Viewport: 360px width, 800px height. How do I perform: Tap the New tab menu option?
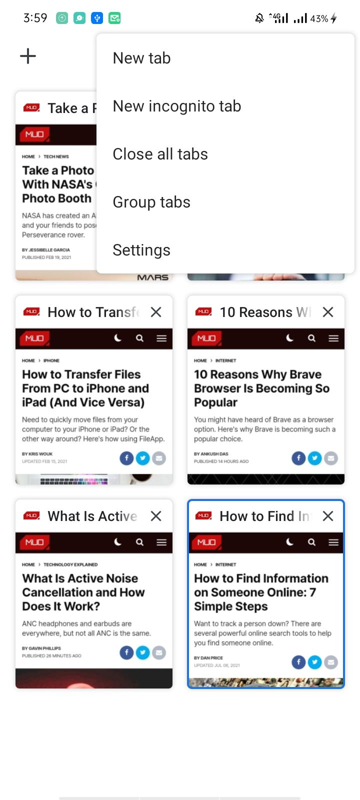pyautogui.click(x=142, y=58)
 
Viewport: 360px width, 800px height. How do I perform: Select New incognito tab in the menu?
pyautogui.click(x=177, y=106)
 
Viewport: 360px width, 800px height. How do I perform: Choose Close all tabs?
pyautogui.click(x=160, y=154)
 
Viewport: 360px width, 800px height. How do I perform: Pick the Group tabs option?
pyautogui.click(x=151, y=202)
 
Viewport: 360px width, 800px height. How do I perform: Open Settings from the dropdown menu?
pyautogui.click(x=141, y=250)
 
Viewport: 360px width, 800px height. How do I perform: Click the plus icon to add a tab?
pyautogui.click(x=28, y=56)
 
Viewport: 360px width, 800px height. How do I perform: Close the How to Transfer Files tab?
pyautogui.click(x=156, y=312)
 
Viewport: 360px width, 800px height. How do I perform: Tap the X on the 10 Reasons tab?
pyautogui.click(x=328, y=312)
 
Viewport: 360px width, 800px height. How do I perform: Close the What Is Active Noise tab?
pyautogui.click(x=156, y=516)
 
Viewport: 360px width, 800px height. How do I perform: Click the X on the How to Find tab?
pyautogui.click(x=328, y=516)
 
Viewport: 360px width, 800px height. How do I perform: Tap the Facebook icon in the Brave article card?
pyautogui.click(x=298, y=458)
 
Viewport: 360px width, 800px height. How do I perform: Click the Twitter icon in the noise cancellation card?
pyautogui.click(x=143, y=652)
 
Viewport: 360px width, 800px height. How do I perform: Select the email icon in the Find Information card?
pyautogui.click(x=331, y=662)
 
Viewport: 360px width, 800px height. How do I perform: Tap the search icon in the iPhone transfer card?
pyautogui.click(x=140, y=338)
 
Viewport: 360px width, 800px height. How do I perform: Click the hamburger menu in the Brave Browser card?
pyautogui.click(x=333, y=338)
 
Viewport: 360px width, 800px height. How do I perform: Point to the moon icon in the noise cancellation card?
pyautogui.click(x=118, y=542)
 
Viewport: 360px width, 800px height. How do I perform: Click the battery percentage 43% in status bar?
pyautogui.click(x=319, y=19)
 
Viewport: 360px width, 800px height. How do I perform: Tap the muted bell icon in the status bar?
pyautogui.click(x=259, y=18)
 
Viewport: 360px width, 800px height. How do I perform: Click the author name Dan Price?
pyautogui.click(x=211, y=658)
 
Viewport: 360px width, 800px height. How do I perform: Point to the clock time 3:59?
pyautogui.click(x=35, y=18)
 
